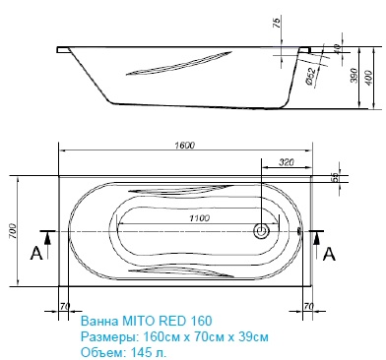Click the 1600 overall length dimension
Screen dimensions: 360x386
pos(183,146)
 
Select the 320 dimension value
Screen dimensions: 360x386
pos(287,162)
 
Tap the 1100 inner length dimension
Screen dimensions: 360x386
pos(178,217)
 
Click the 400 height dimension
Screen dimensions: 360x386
pos(369,78)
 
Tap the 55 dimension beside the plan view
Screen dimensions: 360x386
pos(334,177)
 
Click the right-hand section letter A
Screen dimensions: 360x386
pos(329,254)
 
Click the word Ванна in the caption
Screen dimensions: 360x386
pos(96,321)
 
